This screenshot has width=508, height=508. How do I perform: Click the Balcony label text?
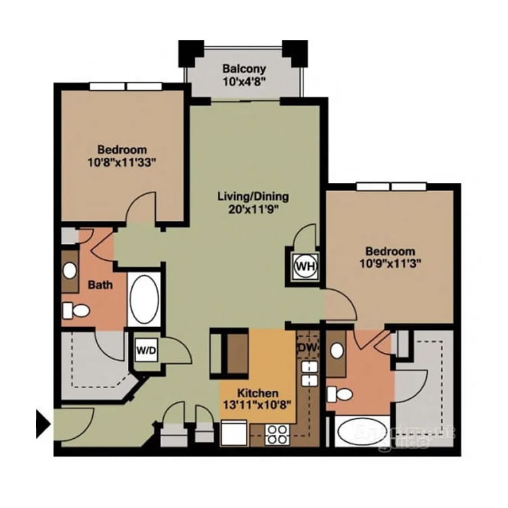(244, 69)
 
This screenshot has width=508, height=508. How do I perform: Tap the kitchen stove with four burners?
(276, 433)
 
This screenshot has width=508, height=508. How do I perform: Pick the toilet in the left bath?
(76, 311)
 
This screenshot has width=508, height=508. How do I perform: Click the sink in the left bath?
(69, 270)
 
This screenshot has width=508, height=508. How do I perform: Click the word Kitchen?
(257, 394)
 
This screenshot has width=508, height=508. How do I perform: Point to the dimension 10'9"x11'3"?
(388, 264)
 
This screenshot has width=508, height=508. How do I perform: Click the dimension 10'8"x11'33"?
(121, 163)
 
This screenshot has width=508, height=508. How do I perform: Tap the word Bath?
(100, 285)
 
